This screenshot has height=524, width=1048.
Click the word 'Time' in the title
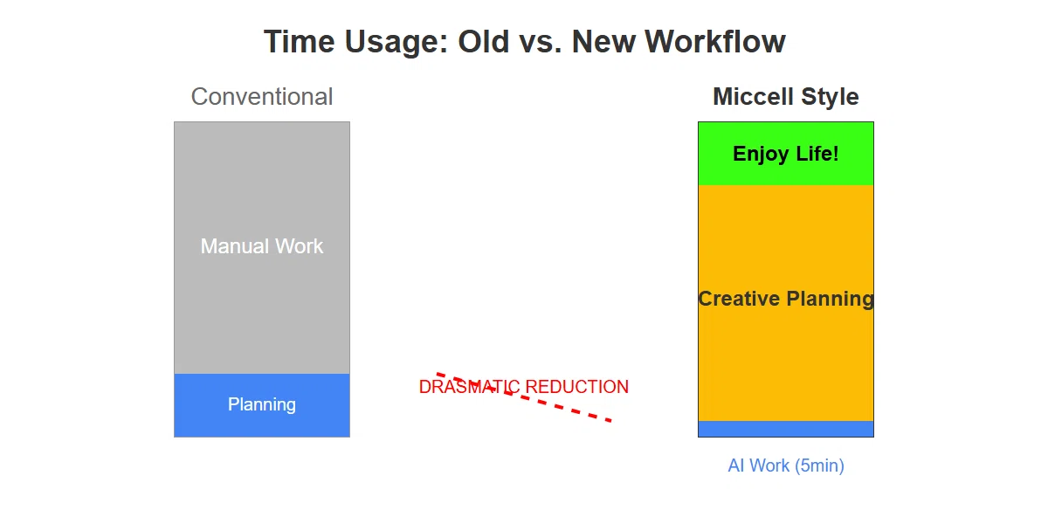coord(300,42)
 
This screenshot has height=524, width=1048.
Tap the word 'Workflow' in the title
coord(715,42)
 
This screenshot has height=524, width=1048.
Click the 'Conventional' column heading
coord(262,97)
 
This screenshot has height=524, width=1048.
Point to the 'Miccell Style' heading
coord(786,97)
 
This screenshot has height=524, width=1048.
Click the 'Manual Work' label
coord(262,246)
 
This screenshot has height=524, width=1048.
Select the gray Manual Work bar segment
coord(262,248)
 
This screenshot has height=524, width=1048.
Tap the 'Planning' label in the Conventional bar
coord(262,404)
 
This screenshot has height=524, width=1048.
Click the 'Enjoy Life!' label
coord(786,154)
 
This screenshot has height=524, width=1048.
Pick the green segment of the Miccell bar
coord(786,154)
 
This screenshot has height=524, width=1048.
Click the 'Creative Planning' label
coord(786,299)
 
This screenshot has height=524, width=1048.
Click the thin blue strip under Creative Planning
coord(786,429)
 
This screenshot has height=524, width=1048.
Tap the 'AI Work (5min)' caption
coord(786,465)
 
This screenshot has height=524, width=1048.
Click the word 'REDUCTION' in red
coord(577,387)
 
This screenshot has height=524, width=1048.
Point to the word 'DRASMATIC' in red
coord(470,387)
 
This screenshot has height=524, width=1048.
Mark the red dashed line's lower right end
coord(611,421)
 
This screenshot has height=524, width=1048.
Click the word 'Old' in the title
coord(483,42)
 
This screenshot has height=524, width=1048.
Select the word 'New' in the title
coord(603,42)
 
